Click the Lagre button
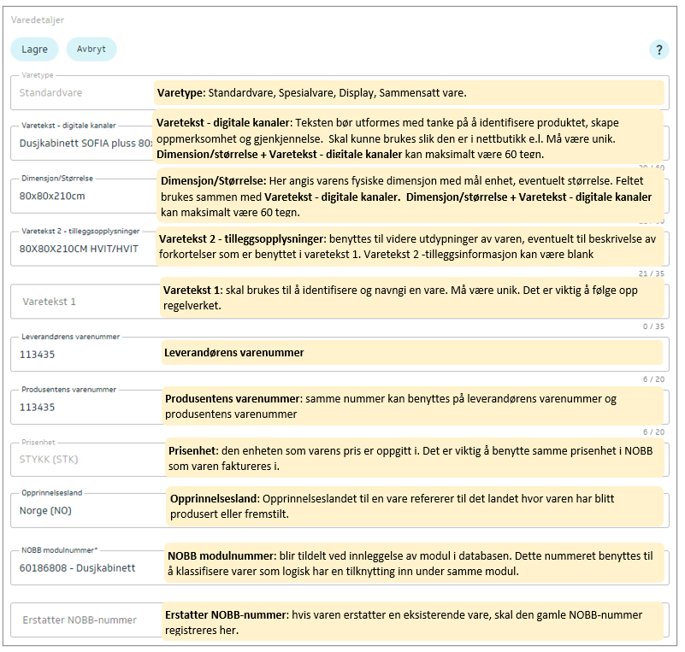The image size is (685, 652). pos(34,50)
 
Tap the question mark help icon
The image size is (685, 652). pos(658,50)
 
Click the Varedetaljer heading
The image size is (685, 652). pos(38,20)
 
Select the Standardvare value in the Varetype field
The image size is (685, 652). pos(51,92)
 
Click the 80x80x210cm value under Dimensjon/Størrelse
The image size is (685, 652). pos(52,196)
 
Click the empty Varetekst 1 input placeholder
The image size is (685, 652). pos(50,302)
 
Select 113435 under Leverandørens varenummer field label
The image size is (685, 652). pos(37,354)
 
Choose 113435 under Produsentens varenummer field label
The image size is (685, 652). pos(37,407)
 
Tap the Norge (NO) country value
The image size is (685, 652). pos(45,511)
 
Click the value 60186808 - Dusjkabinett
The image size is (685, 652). pos(77,567)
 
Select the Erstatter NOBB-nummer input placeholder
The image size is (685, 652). pos(80,620)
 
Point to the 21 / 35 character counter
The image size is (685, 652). pos(652,273)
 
